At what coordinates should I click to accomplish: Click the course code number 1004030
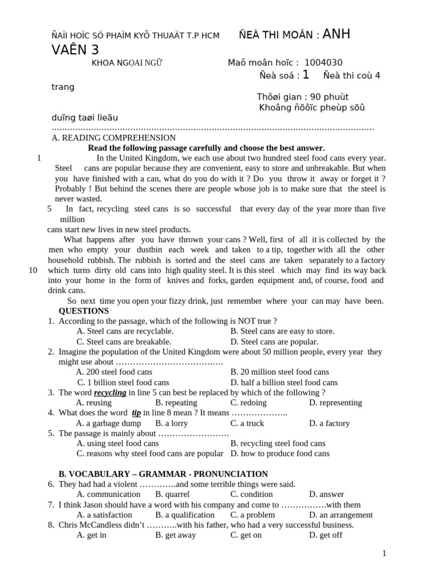323,63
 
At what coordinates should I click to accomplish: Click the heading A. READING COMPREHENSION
113,138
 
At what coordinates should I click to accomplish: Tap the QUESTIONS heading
83,311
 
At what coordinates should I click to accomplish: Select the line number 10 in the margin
33,270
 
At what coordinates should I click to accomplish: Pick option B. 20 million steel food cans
279,372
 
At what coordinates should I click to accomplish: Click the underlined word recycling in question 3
110,392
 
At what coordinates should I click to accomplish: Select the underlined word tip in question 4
136,412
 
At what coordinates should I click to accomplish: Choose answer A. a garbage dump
108,423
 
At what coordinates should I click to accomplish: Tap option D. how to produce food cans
280,454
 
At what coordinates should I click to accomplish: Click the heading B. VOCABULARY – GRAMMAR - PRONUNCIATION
164,474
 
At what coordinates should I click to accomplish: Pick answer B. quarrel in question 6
172,494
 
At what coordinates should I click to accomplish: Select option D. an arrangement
340,515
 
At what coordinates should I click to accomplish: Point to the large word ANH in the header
336,35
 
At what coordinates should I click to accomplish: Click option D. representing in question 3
335,403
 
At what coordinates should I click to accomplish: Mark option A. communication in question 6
108,494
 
